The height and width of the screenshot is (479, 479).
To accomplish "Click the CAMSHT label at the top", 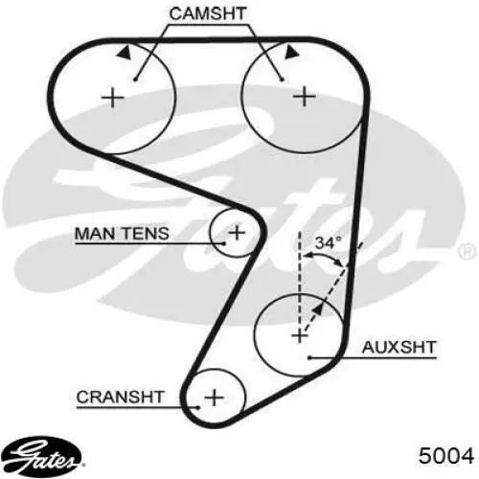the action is click(208, 13).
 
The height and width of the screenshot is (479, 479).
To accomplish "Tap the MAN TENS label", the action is click(122, 234).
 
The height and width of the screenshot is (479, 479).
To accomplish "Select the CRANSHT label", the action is click(121, 397).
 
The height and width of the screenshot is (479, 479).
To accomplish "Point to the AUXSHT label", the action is click(399, 347).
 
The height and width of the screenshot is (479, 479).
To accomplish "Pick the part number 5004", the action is click(446, 455).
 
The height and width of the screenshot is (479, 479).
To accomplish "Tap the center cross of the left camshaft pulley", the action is click(112, 98).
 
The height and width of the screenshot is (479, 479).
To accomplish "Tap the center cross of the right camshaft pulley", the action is click(305, 96).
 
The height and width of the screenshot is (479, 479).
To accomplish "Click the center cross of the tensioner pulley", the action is click(237, 232).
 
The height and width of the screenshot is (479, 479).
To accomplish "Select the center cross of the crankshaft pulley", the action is click(214, 398).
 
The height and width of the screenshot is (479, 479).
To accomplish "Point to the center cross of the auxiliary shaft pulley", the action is click(300, 335).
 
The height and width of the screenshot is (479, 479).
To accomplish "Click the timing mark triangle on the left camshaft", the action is click(125, 52).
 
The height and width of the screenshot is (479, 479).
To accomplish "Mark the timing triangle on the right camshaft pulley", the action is click(291, 52).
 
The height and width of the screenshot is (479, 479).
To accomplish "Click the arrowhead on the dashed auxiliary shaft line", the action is click(317, 309).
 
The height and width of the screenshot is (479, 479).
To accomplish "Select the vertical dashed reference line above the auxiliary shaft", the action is click(300, 281).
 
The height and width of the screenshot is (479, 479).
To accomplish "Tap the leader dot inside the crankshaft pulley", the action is click(198, 407).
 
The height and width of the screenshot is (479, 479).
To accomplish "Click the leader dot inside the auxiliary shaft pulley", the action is click(309, 357).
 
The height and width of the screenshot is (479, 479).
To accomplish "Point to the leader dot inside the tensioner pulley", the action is click(224, 243).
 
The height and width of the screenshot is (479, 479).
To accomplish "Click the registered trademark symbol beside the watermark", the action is click(467, 252).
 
